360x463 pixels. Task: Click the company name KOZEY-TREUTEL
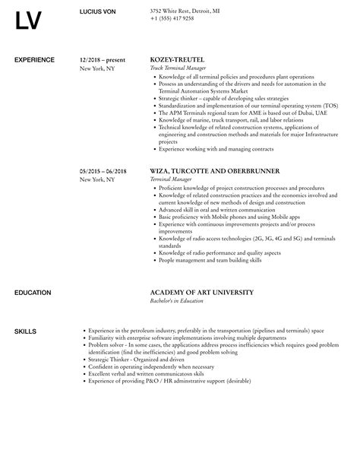[x=178, y=59]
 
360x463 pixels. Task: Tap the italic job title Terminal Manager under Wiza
[x=172, y=179]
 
